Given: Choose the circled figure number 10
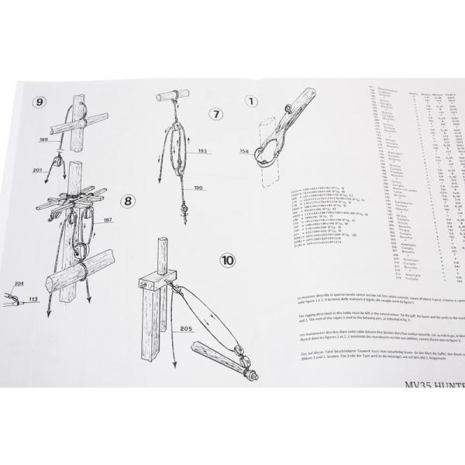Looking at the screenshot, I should [x=228, y=260].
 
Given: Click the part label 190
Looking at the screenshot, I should [x=198, y=188].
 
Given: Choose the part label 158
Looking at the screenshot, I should [x=246, y=150].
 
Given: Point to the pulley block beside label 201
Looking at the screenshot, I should [x=57, y=164].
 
